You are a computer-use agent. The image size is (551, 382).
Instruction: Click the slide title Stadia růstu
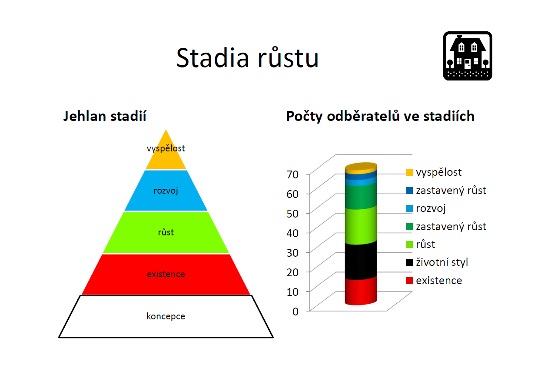(247, 57)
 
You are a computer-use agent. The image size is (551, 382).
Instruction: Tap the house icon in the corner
(468, 56)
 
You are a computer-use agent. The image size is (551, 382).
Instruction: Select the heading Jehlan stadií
(105, 116)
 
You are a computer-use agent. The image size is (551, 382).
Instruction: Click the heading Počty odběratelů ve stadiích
(380, 116)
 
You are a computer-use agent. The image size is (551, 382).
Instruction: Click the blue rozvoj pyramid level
(166, 191)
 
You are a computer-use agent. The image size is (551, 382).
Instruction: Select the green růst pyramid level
(166, 232)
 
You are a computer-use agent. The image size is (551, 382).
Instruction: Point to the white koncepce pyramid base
(166, 316)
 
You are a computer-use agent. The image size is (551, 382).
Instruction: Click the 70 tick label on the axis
(292, 174)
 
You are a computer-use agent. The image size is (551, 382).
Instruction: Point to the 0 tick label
(295, 312)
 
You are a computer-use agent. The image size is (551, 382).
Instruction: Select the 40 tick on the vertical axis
(292, 233)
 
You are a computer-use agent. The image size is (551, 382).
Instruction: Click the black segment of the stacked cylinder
(361, 261)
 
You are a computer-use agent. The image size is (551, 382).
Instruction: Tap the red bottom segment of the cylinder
(361, 291)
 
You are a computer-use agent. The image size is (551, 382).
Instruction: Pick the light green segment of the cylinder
(361, 225)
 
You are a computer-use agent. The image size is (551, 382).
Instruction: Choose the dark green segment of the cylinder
(361, 197)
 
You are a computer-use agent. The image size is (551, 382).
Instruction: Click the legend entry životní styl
(437, 262)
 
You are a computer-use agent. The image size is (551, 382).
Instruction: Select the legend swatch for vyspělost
(409, 172)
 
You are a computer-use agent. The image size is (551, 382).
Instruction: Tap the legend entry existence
(434, 281)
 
